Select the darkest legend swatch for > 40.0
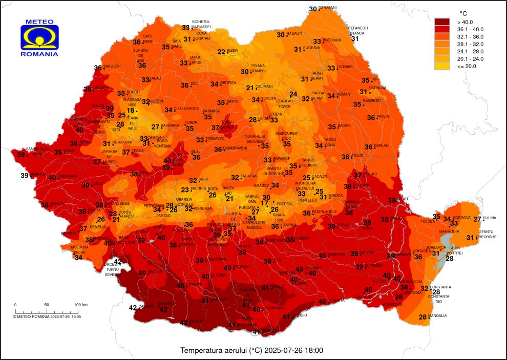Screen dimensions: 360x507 click(x=442, y=22)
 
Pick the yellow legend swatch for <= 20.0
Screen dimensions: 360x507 click(x=442, y=66)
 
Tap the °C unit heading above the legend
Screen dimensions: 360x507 click(x=463, y=13)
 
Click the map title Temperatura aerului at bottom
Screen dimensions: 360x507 click(x=251, y=351)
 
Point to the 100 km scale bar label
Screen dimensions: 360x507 click(x=80, y=305)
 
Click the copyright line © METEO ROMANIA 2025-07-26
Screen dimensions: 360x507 click(x=47, y=316)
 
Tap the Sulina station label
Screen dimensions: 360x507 click(x=490, y=218)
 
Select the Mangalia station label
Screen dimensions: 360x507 click(x=438, y=315)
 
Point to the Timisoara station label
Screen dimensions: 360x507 click(x=67, y=176)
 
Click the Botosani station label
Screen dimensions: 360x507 click(x=332, y=40)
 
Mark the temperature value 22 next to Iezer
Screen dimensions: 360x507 click(x=221, y=52)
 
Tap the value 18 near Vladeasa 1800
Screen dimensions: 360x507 click(x=131, y=110)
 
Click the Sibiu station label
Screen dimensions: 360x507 click(x=204, y=179)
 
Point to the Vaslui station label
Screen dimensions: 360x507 click(x=383, y=116)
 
